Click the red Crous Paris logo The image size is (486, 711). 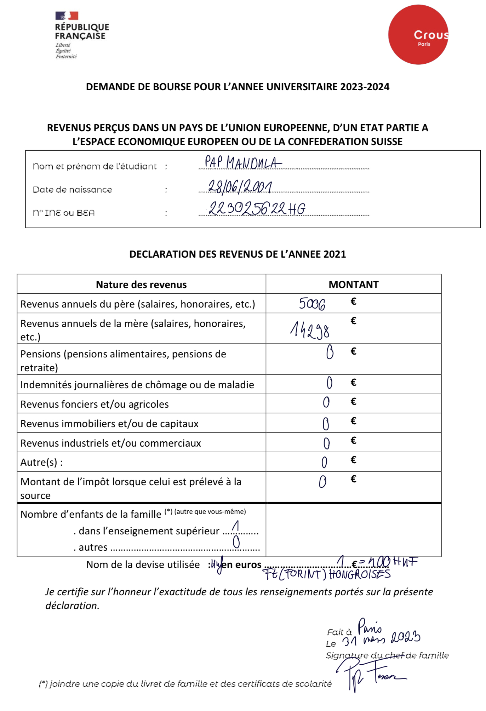coord(418,35)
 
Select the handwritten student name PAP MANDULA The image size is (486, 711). coord(243,162)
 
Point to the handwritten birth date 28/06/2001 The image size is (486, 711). coord(240,187)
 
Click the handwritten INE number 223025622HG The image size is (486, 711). coord(257,208)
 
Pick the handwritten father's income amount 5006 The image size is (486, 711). coord(312,304)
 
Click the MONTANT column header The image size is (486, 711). coord(353,285)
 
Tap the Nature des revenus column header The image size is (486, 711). coord(141,285)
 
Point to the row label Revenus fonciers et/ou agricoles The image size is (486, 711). coord(95,404)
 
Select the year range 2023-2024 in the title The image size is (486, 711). coord(365,87)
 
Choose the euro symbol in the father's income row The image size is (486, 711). coord(353,301)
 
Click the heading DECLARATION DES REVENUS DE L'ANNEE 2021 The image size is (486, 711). coord(238,254)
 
